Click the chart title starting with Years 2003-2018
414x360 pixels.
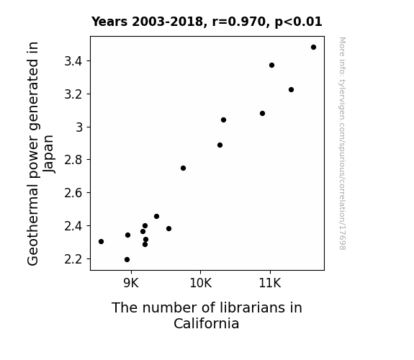pos(207,22)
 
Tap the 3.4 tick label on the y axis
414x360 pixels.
pos(73,61)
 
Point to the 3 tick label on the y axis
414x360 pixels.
pos(79,127)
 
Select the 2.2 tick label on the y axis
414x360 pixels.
pos(73,259)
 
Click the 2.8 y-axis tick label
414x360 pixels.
pos(73,160)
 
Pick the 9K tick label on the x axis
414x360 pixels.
pos(131,283)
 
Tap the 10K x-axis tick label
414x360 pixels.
pos(201,283)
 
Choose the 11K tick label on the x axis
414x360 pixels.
pos(270,283)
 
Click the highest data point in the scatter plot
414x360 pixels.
pos(313,48)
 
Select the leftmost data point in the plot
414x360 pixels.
pos(101,241)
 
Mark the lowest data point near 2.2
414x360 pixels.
pos(127,260)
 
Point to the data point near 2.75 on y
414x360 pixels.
pos(183,168)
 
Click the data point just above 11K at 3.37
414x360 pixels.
pos(271,66)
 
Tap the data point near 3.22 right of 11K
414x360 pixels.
pos(291,90)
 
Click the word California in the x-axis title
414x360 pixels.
pos(207,323)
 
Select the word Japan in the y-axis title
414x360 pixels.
pos(48,154)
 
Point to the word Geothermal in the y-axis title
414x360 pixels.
pos(32,226)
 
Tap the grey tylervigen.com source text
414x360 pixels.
pos(342,143)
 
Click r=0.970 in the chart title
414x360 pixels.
pos(239,22)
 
